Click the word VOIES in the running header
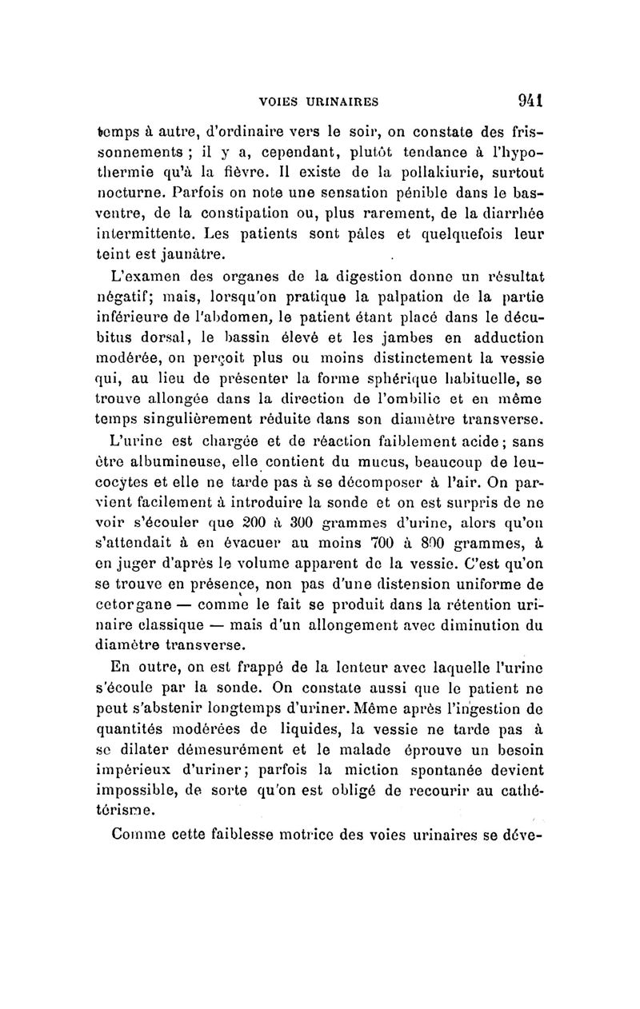(x=282, y=102)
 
